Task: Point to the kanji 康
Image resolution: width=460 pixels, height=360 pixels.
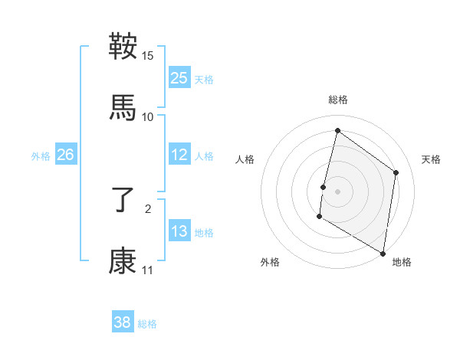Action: (x=123, y=261)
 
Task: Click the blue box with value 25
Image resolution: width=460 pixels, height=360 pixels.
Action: (x=179, y=78)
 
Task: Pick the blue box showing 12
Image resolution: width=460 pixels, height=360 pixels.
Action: (x=179, y=155)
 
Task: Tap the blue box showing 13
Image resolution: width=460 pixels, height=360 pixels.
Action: (x=179, y=231)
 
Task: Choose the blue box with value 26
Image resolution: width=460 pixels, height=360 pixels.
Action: (x=65, y=155)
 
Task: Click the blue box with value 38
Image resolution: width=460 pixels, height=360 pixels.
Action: (x=123, y=322)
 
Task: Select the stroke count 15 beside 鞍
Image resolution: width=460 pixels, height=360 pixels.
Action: (x=148, y=56)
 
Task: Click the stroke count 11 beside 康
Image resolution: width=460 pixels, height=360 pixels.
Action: (x=147, y=270)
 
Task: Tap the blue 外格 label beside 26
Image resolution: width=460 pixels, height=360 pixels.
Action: (x=41, y=156)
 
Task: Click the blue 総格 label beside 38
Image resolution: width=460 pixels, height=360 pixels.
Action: (x=147, y=324)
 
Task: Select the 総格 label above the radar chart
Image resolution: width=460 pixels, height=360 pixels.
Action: (x=337, y=100)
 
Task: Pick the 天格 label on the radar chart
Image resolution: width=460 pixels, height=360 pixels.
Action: (x=431, y=159)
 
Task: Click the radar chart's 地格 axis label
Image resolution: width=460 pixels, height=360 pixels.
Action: (x=402, y=262)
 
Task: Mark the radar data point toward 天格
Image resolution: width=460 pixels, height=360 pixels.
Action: (x=396, y=172)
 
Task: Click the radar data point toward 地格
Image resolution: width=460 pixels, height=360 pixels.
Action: (x=383, y=253)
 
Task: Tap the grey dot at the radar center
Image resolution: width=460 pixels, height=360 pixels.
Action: (x=337, y=191)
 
